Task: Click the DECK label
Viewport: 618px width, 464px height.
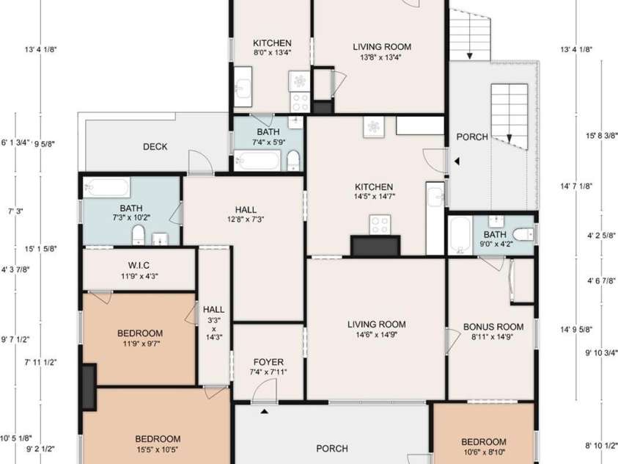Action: [x=155, y=147]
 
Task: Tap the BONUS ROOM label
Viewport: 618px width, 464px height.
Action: [x=493, y=327]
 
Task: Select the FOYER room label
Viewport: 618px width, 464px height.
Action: [x=268, y=362]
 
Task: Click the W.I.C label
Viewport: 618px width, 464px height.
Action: [x=139, y=265]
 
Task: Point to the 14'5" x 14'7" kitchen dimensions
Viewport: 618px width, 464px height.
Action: [x=375, y=197]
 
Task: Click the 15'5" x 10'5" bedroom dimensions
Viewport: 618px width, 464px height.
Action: [x=158, y=449]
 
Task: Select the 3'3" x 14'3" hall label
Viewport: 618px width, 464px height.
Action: [x=214, y=323]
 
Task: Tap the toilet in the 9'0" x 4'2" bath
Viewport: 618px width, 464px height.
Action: [x=523, y=234]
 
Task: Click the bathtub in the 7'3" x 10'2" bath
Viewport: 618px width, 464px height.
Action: [x=106, y=187]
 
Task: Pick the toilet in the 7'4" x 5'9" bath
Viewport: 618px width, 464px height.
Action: [x=293, y=161]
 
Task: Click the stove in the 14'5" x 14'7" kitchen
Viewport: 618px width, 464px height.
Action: [x=380, y=225]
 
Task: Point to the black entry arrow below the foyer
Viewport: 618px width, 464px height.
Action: [x=265, y=412]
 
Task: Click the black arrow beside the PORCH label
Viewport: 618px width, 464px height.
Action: [x=457, y=162]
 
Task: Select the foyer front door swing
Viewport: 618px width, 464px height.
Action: [x=264, y=391]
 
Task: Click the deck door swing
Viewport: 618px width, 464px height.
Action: [x=201, y=162]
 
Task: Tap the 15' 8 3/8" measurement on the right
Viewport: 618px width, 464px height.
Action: [x=601, y=136]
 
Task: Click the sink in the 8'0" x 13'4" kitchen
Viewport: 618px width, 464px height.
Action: [x=243, y=87]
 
